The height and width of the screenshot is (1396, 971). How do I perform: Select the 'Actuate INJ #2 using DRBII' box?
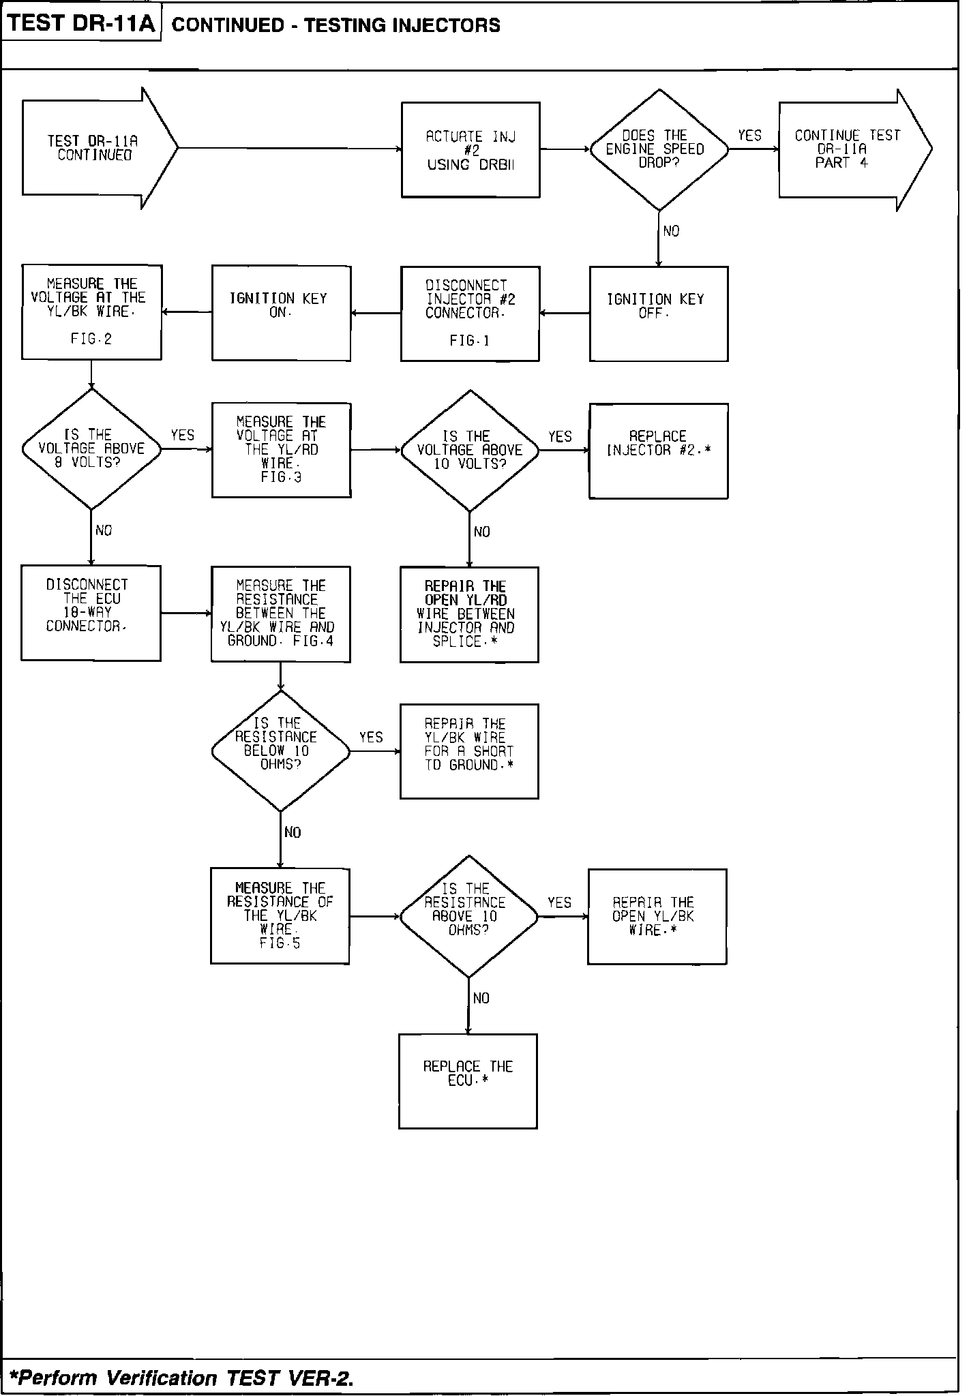point(470,150)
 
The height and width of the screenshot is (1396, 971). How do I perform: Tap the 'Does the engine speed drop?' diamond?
point(658,149)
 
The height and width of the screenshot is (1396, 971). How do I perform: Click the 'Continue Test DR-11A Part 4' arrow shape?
point(849,149)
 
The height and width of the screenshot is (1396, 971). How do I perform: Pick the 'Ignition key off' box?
point(658,313)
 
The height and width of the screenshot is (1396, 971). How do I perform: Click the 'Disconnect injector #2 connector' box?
point(470,313)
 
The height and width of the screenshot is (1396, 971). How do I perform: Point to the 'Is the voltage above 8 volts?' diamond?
point(91,449)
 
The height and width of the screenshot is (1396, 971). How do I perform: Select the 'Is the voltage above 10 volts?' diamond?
point(470,451)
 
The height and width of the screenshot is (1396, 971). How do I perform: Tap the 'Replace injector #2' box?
point(658,451)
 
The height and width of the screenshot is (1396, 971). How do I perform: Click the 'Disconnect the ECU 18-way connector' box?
point(91,613)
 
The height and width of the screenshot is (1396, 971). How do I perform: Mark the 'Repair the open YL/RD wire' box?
point(469,614)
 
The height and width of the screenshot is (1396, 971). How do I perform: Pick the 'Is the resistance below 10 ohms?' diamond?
point(280,751)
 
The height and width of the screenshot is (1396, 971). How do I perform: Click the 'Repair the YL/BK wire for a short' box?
point(469,751)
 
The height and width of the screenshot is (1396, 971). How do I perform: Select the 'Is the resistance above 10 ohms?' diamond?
point(468,916)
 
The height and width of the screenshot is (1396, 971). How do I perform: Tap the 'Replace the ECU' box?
point(468,1081)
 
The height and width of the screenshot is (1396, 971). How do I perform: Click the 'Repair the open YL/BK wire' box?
point(657,916)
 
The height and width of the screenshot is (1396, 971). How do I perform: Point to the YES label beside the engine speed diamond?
point(749,136)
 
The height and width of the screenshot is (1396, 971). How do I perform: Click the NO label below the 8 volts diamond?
point(104,530)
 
